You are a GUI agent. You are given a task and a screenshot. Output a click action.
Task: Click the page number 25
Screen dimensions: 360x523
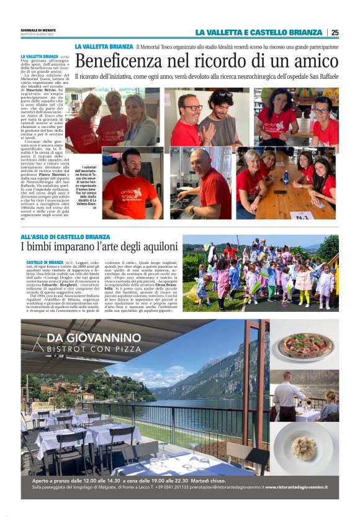point(335,32)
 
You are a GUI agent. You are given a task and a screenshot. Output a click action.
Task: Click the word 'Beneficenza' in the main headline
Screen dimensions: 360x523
point(118,61)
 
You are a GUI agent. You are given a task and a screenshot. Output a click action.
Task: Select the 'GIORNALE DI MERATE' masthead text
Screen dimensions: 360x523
point(39,29)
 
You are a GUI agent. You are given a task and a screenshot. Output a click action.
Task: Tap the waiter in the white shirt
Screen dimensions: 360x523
point(287,398)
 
